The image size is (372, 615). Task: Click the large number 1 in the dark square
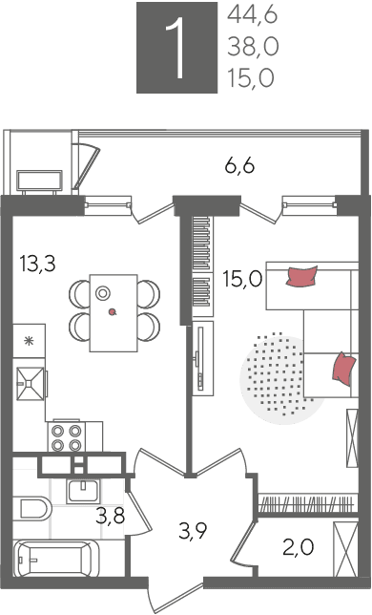pos(176,48)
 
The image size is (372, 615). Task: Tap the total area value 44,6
pos(252,16)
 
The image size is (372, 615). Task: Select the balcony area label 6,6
pos(239,166)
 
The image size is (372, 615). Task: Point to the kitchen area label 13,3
pos(38,264)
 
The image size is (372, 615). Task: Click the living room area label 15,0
pos(243,280)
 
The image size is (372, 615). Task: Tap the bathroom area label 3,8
pos(111,516)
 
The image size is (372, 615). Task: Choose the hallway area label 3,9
pos(193,532)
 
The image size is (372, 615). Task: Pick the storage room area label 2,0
pos(299,547)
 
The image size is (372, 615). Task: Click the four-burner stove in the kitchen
pos(66,437)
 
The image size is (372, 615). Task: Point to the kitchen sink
pos(31,384)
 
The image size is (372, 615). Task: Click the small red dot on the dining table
pos(113,312)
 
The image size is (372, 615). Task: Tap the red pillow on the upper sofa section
pos(301,276)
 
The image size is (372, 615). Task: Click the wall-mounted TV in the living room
pos(201,358)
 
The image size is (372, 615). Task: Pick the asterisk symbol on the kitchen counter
pos(29,341)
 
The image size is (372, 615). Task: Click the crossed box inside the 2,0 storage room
pos(345,549)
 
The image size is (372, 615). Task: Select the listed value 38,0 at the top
pos(253,48)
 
